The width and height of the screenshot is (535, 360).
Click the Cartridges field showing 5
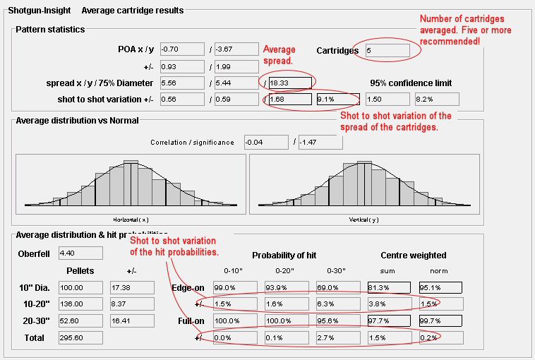[387, 51]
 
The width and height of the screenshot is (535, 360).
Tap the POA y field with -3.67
[236, 49]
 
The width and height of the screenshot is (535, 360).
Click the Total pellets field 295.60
[80, 337]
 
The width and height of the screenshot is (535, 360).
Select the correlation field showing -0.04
[265, 143]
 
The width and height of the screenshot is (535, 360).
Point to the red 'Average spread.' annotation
[279, 54]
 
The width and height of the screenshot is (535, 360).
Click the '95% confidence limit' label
[411, 83]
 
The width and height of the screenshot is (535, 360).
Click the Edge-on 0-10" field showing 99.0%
[234, 288]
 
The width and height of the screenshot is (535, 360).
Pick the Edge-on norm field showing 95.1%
[440, 288]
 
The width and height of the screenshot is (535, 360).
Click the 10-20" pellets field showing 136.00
[80, 304]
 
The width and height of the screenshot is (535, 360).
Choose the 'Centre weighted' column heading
[413, 255]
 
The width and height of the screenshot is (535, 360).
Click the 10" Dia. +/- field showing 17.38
[131, 287]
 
